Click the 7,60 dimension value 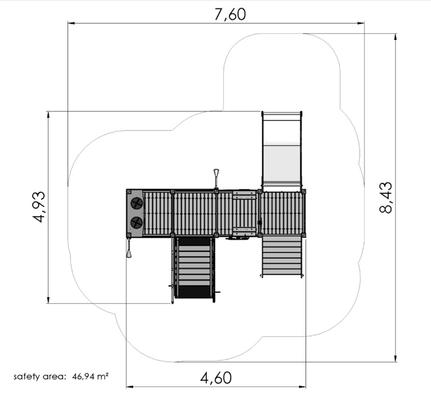click(230, 15)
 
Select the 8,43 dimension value click(386, 197)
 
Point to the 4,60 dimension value click(216, 378)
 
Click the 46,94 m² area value click(90, 376)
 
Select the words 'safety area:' click(40, 377)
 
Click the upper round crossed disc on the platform click(137, 203)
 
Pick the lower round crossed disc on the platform click(137, 222)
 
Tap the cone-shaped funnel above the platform click(217, 178)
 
